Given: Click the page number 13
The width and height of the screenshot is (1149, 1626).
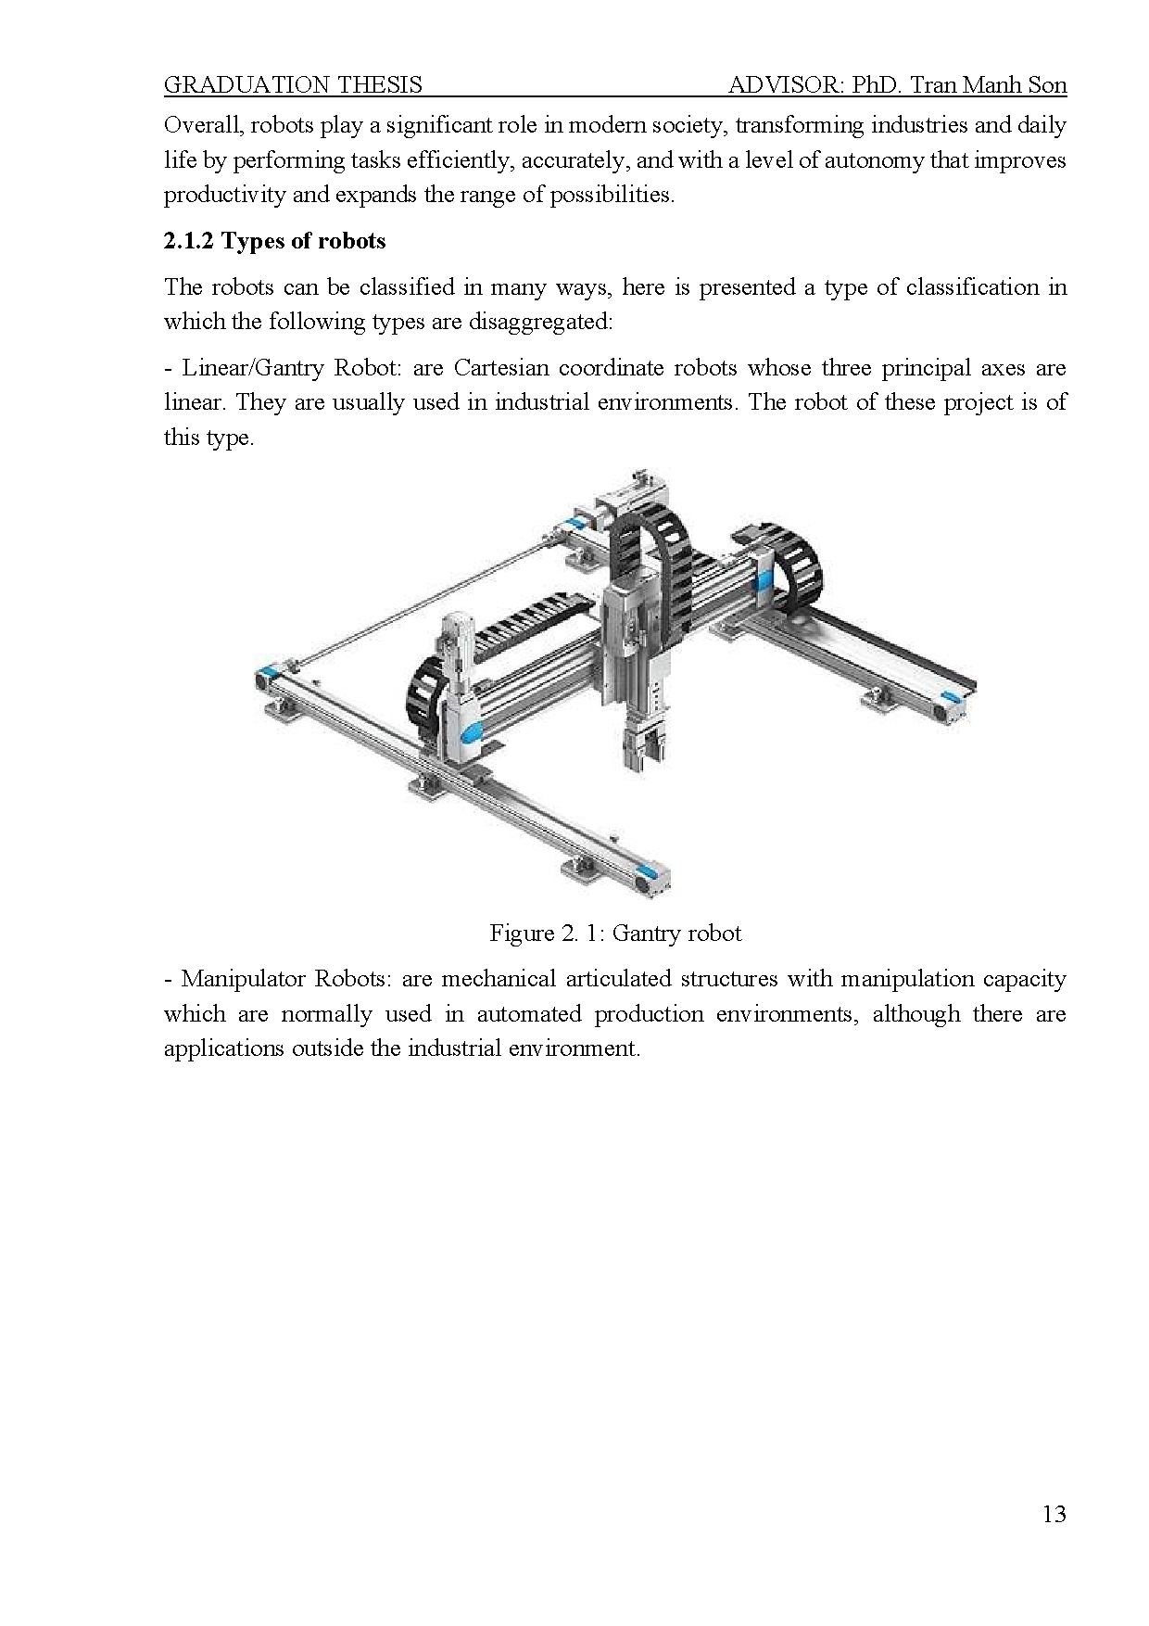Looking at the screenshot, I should pyautogui.click(x=1054, y=1514).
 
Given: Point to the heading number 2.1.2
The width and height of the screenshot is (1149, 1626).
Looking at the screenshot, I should pyautogui.click(x=189, y=241).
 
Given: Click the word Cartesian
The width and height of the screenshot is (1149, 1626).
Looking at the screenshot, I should pyautogui.click(x=500, y=368).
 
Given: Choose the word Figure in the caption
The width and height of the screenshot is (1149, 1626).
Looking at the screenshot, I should pyautogui.click(x=522, y=933).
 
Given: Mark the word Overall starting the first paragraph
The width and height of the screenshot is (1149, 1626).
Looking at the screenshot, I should pyautogui.click(x=200, y=125).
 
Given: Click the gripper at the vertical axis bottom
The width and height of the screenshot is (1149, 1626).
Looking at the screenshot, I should pyautogui.click(x=644, y=749).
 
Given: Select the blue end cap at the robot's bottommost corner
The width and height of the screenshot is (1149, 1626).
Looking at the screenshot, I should pyautogui.click(x=650, y=873).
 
